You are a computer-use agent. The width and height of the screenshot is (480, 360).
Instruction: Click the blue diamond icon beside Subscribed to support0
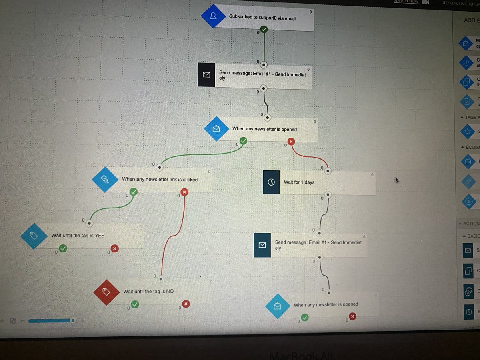tap(213, 16)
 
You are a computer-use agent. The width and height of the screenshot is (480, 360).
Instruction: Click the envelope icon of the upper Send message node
tap(206, 75)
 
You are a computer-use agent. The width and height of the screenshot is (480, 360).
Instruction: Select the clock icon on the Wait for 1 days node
tap(271, 182)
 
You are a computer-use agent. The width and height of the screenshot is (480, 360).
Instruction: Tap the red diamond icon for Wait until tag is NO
tap(106, 292)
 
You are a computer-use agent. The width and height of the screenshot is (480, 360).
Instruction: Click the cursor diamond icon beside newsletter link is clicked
tap(105, 180)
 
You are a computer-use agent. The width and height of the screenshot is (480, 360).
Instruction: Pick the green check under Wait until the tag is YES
tap(63, 249)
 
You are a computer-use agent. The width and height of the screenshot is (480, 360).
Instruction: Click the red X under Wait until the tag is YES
tap(115, 249)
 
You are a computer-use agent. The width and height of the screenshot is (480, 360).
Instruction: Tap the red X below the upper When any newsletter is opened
tap(291, 141)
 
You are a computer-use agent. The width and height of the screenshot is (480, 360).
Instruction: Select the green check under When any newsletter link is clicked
tap(134, 192)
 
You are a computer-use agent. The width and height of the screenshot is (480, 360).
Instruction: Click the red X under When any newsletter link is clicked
tap(184, 192)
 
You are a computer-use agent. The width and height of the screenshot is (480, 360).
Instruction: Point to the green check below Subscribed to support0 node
tap(264, 29)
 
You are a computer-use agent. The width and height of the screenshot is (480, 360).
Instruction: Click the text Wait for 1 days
tap(299, 182)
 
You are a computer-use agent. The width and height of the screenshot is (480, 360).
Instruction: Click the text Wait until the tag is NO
tap(148, 292)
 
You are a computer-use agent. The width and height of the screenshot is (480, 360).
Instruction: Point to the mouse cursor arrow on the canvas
tap(397, 180)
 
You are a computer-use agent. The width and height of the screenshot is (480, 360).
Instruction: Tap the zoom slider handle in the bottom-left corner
tap(72, 320)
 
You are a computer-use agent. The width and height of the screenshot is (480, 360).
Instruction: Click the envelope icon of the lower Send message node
tap(262, 245)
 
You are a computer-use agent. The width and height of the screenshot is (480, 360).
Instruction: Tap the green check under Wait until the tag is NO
tap(135, 304)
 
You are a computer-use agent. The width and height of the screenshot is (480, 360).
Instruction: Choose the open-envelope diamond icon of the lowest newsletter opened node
tap(277, 306)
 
